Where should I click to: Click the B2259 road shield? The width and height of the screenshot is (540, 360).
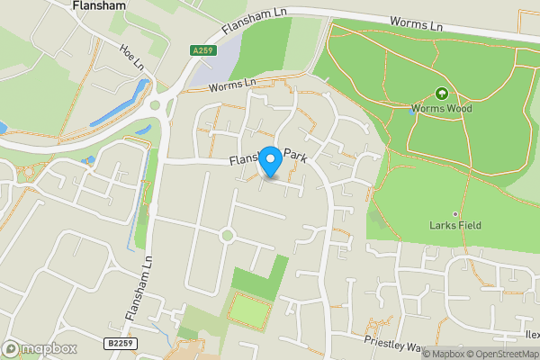tap(119, 343)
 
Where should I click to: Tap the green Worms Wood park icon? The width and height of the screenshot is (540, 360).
tap(441, 94)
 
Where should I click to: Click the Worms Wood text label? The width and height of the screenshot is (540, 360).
tap(441, 109)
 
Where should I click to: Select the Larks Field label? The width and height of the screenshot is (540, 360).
tap(455, 226)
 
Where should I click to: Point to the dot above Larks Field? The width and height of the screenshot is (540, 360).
tap(455, 214)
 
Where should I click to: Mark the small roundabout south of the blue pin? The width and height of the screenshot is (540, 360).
tap(227, 236)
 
